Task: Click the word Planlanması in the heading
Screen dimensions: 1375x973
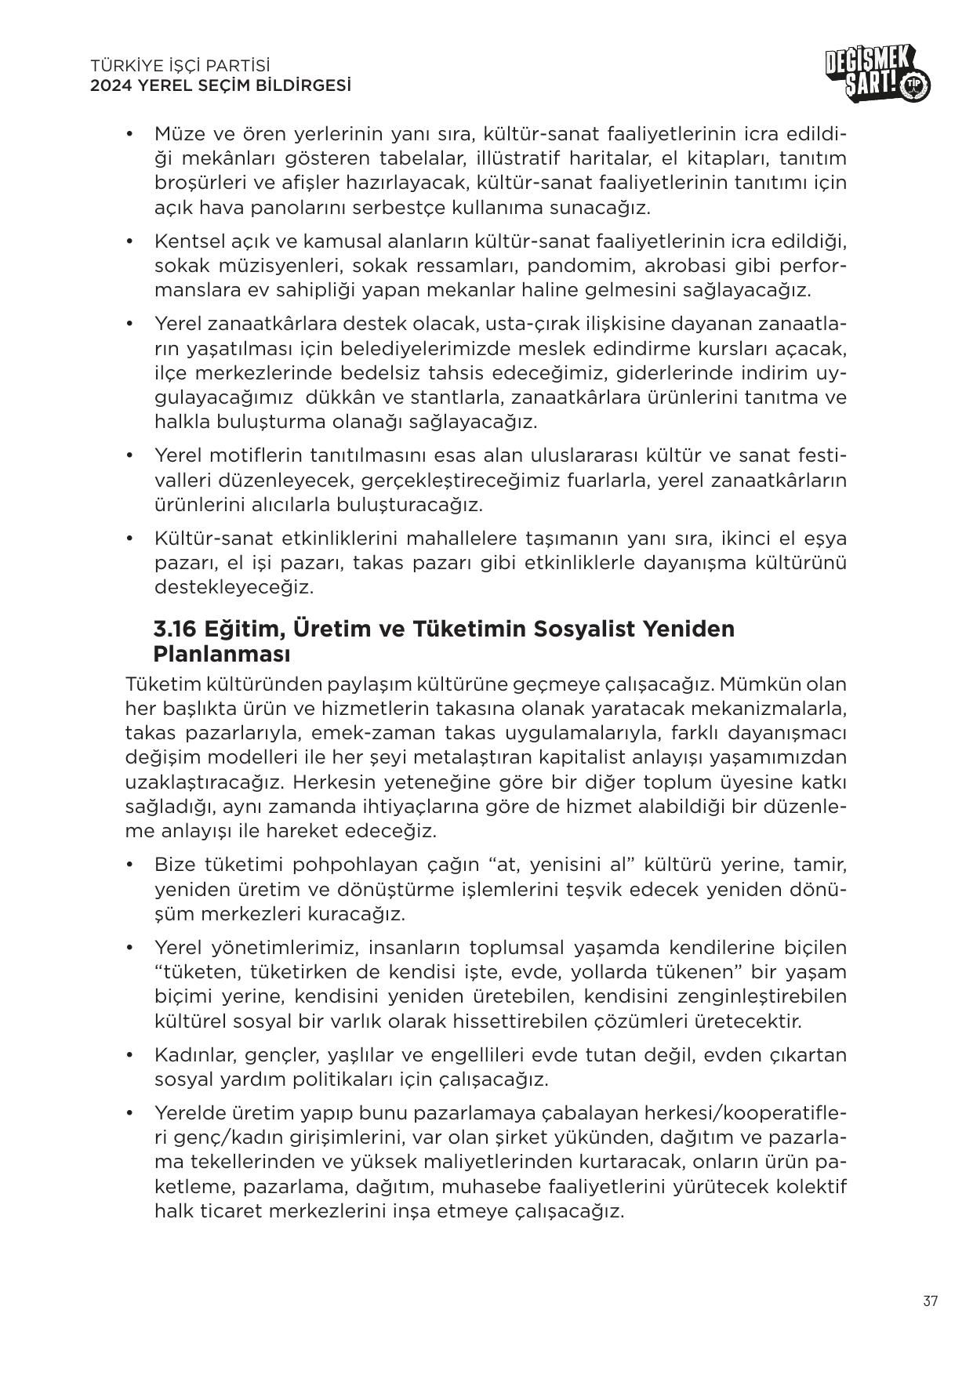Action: coord(222,653)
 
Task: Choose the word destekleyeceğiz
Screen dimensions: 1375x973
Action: coord(234,586)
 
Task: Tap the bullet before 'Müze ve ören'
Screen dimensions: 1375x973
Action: coord(129,134)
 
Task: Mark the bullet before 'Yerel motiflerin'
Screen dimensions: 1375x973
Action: coord(129,455)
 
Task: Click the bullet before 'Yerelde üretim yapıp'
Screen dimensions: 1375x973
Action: coord(129,1112)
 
